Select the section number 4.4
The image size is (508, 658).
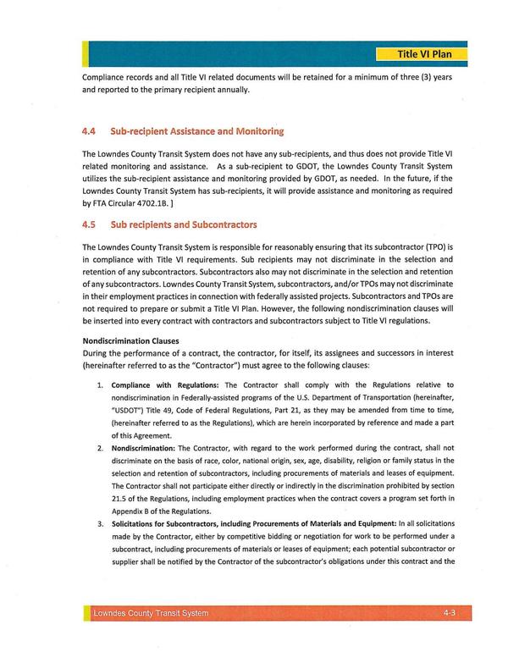(x=91, y=132)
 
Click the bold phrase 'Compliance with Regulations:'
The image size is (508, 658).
(x=159, y=385)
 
